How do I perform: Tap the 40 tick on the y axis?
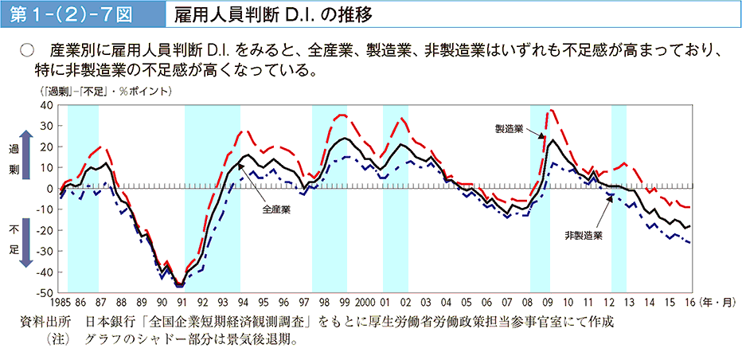45,105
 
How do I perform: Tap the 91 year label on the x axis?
182,303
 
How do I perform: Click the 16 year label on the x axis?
689,303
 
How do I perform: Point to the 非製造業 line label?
583,235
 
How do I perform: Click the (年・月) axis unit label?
717,303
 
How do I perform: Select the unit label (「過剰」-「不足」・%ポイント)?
103,92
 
